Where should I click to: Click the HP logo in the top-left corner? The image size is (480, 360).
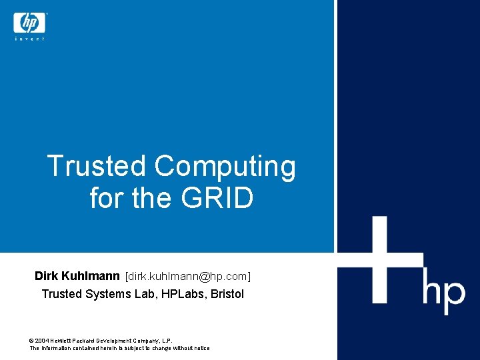(29, 23)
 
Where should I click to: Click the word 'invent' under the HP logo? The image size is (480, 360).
(29, 39)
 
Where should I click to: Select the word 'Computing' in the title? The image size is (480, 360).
(225, 167)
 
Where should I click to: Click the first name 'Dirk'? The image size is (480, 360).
(47, 275)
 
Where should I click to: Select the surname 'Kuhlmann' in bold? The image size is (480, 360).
(90, 275)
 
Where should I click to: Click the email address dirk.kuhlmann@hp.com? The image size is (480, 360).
(188, 276)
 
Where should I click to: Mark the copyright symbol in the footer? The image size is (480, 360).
(32, 340)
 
